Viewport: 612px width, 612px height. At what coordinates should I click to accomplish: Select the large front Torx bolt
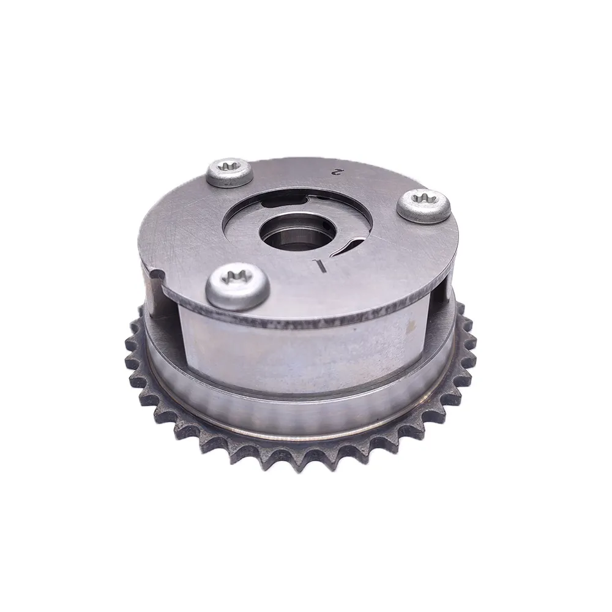(237, 286)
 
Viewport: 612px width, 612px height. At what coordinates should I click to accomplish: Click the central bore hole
(297, 233)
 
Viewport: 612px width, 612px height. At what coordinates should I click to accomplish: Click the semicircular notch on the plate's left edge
(157, 277)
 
